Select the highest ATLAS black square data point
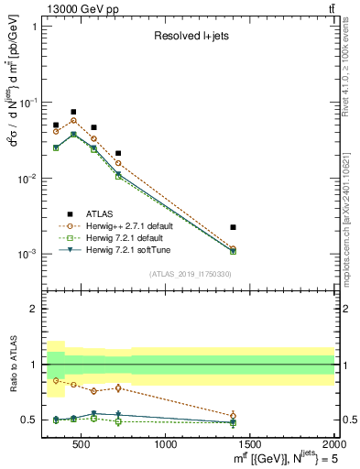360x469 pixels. [73, 112]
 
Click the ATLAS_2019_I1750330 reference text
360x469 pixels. [191, 274]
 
